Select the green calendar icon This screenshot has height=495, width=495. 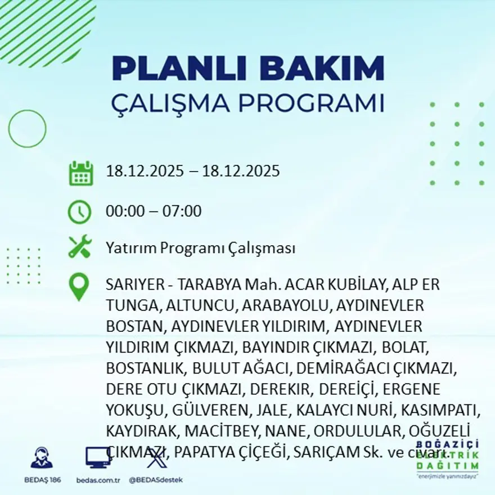pos(80,173)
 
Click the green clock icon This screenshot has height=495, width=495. pos(79,211)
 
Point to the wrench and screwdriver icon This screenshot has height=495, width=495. pos(80,247)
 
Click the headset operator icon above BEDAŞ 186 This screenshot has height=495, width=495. pos(41,458)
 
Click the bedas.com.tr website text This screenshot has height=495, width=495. pos(98,480)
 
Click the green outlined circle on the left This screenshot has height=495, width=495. pos(27,128)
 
